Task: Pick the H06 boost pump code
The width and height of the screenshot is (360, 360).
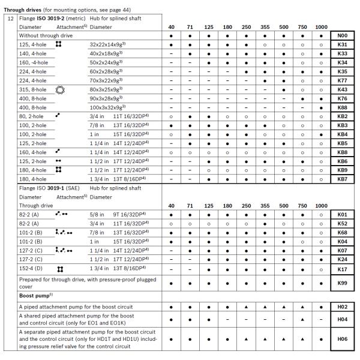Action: pyautogui.click(x=343, y=339)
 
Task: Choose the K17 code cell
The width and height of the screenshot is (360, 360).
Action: pyautogui.click(x=343, y=270)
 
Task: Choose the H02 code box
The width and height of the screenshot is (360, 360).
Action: pyautogui.click(x=343, y=307)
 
